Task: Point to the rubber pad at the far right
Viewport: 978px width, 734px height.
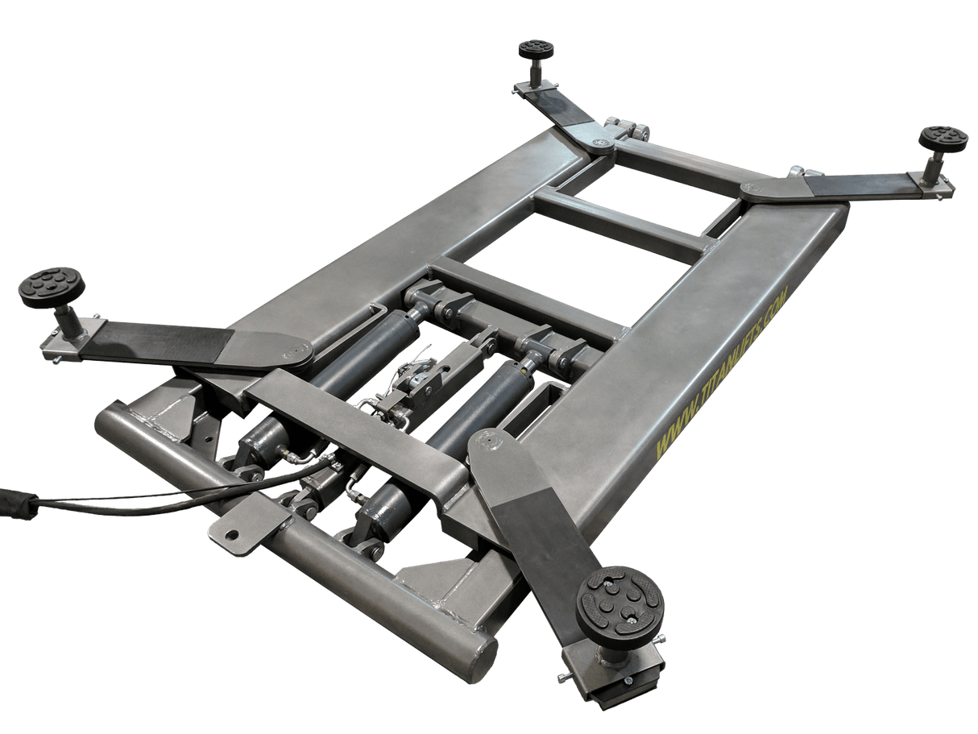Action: coord(943,137)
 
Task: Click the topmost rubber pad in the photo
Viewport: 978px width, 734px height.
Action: coord(536,49)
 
